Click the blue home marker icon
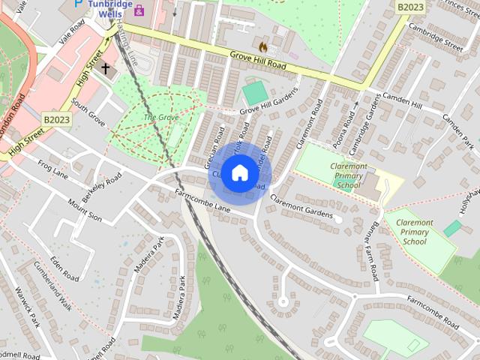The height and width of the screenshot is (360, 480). (239, 172)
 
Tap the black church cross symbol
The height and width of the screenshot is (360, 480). (106, 69)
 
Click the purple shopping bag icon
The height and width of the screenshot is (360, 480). (139, 10)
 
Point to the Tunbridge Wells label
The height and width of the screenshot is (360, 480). (110, 8)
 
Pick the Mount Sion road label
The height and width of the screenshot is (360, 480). (84, 209)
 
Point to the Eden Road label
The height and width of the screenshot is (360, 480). (65, 268)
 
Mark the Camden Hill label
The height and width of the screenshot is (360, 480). (402, 102)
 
